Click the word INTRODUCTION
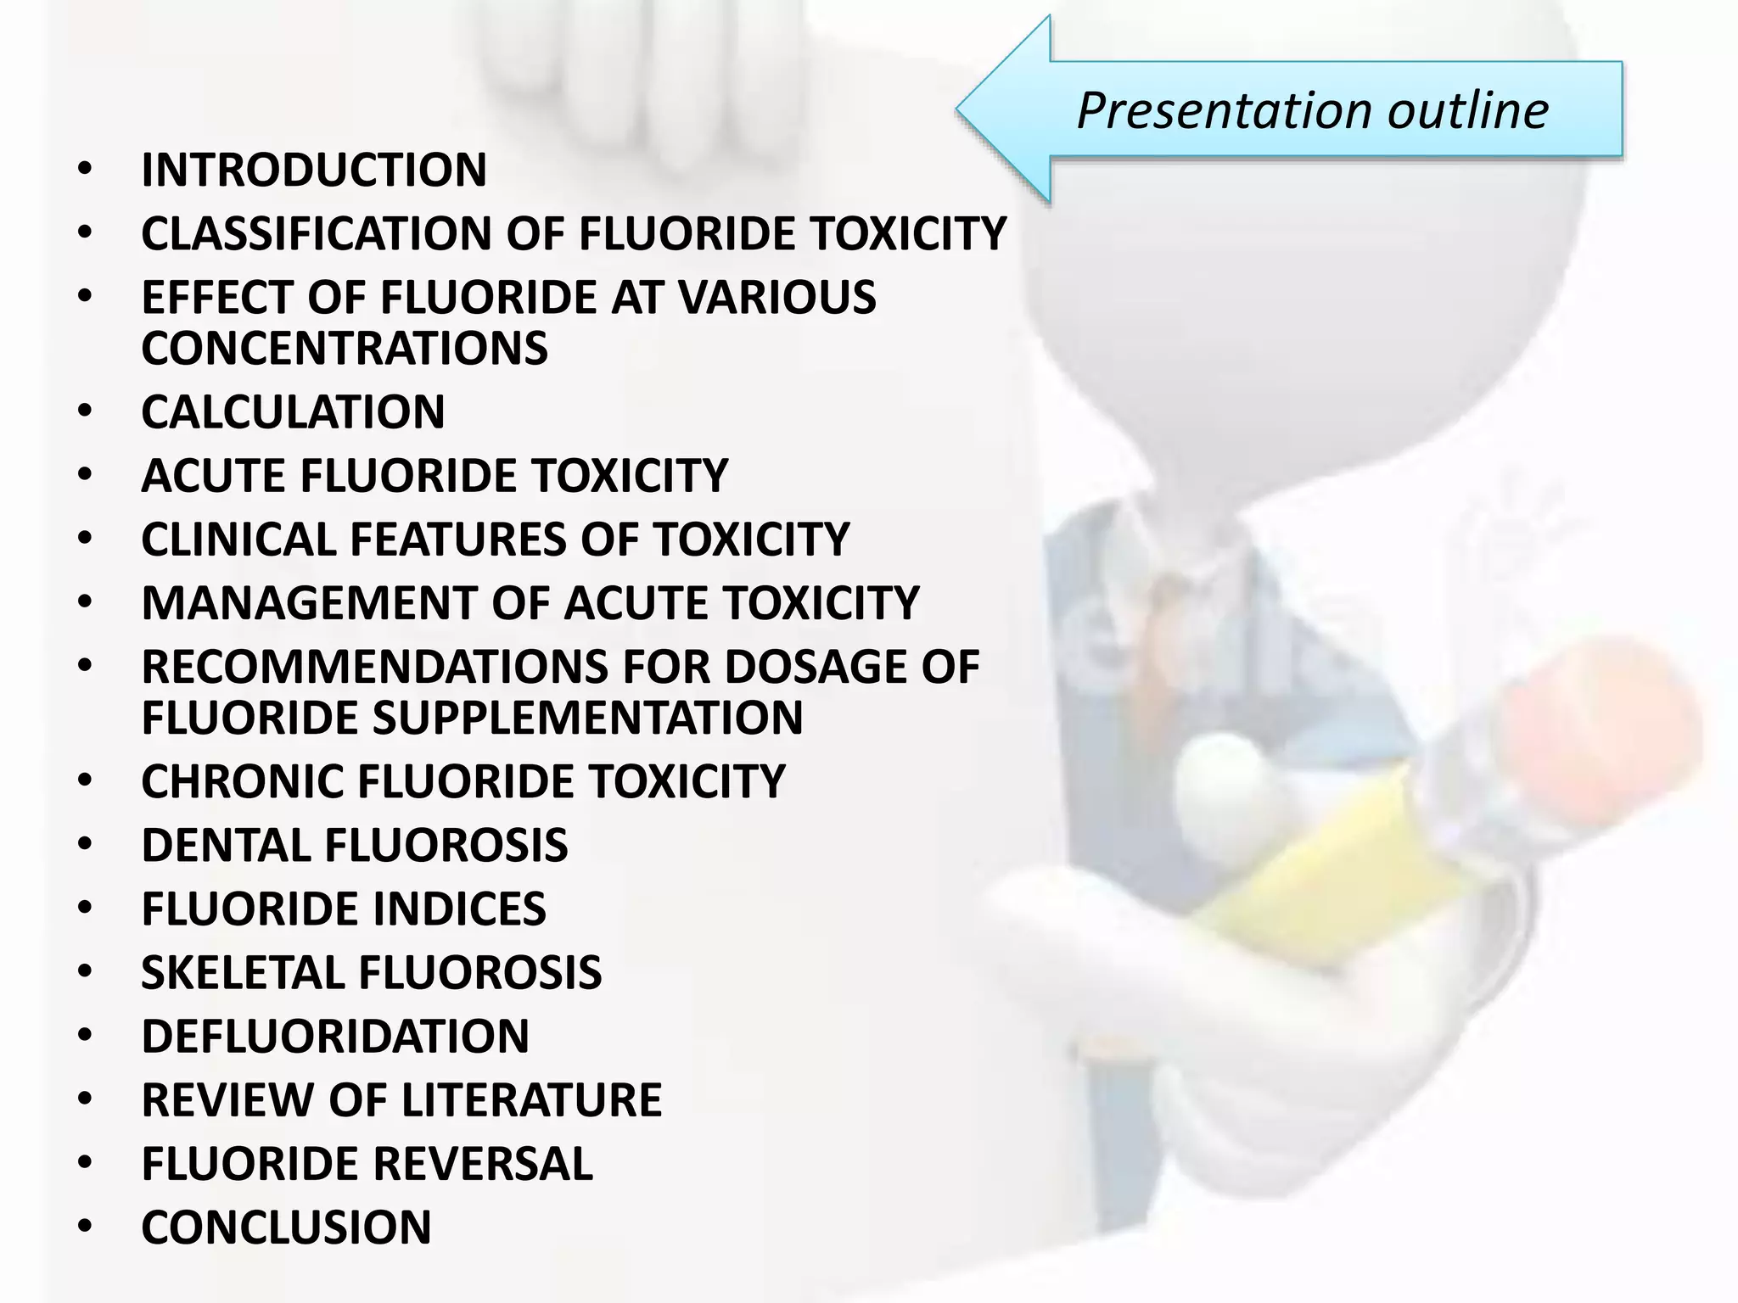pos(314,171)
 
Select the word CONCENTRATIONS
pos(345,349)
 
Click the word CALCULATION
pos(293,412)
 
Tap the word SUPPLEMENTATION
pos(587,718)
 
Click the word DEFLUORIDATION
pos(335,1037)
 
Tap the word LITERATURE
pos(531,1100)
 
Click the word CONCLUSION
pos(286,1228)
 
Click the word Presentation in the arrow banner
pos(1224,111)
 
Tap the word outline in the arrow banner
pos(1468,111)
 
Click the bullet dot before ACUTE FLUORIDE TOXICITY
pos(84,475)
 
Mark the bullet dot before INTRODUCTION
pos(84,171)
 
